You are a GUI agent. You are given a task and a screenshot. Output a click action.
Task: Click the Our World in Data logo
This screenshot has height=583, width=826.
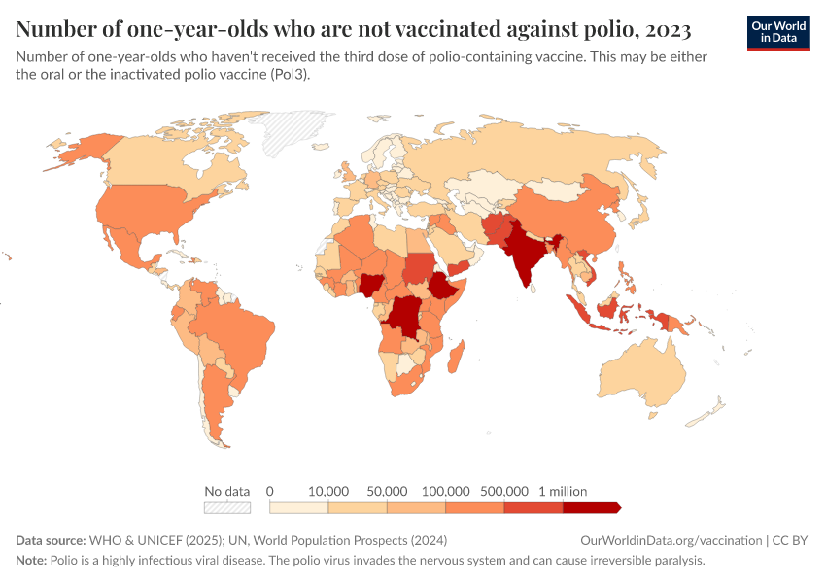point(777,32)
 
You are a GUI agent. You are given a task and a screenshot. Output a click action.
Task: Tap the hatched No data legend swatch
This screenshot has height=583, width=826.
point(226,507)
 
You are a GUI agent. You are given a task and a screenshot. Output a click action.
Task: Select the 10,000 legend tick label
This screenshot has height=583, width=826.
point(328,491)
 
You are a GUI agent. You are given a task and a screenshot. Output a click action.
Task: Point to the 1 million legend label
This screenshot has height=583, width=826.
point(562,491)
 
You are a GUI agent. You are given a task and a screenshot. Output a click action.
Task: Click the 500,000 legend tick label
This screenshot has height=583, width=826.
point(504,491)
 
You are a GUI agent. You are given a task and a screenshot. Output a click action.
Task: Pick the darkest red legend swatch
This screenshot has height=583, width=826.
point(590,507)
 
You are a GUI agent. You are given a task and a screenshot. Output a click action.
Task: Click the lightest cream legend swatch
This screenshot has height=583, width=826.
point(298,507)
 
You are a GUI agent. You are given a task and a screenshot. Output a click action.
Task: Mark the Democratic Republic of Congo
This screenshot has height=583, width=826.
point(403,316)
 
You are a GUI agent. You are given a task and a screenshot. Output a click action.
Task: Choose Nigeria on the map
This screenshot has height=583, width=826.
point(370,285)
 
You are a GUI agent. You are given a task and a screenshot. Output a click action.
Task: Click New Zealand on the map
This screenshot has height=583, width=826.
point(707,415)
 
